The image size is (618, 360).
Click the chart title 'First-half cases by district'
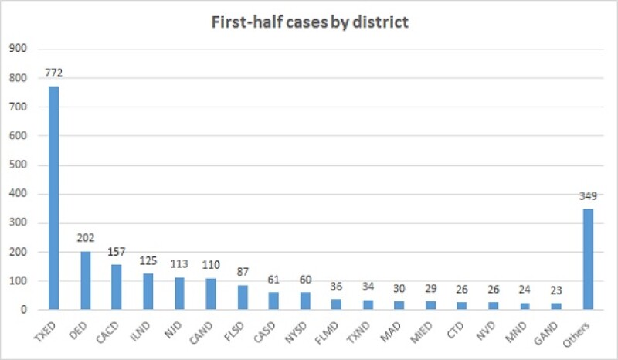click(x=310, y=22)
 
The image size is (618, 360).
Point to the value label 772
click(x=53, y=74)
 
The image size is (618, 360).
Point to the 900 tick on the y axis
click(x=17, y=49)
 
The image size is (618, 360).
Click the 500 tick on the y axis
click(x=17, y=165)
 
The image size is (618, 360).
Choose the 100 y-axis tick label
click(x=17, y=280)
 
